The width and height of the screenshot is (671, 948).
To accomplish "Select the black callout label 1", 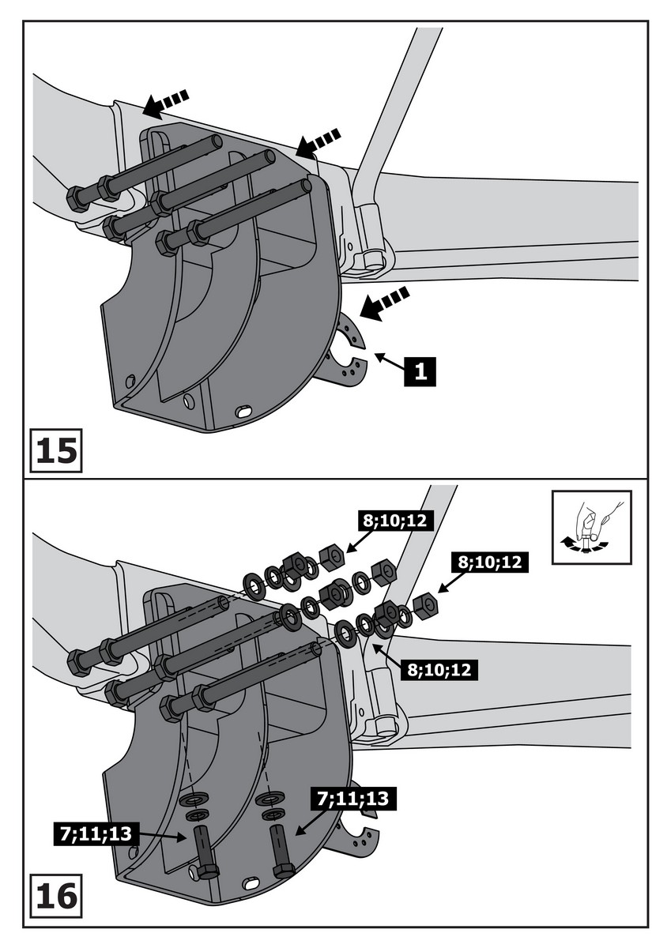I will [x=420, y=369].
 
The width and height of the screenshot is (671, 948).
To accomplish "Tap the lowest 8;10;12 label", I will [x=439, y=670].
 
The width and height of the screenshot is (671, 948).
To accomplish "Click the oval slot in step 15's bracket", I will [x=244, y=412].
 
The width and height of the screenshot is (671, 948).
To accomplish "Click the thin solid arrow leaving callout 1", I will [x=387, y=363].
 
